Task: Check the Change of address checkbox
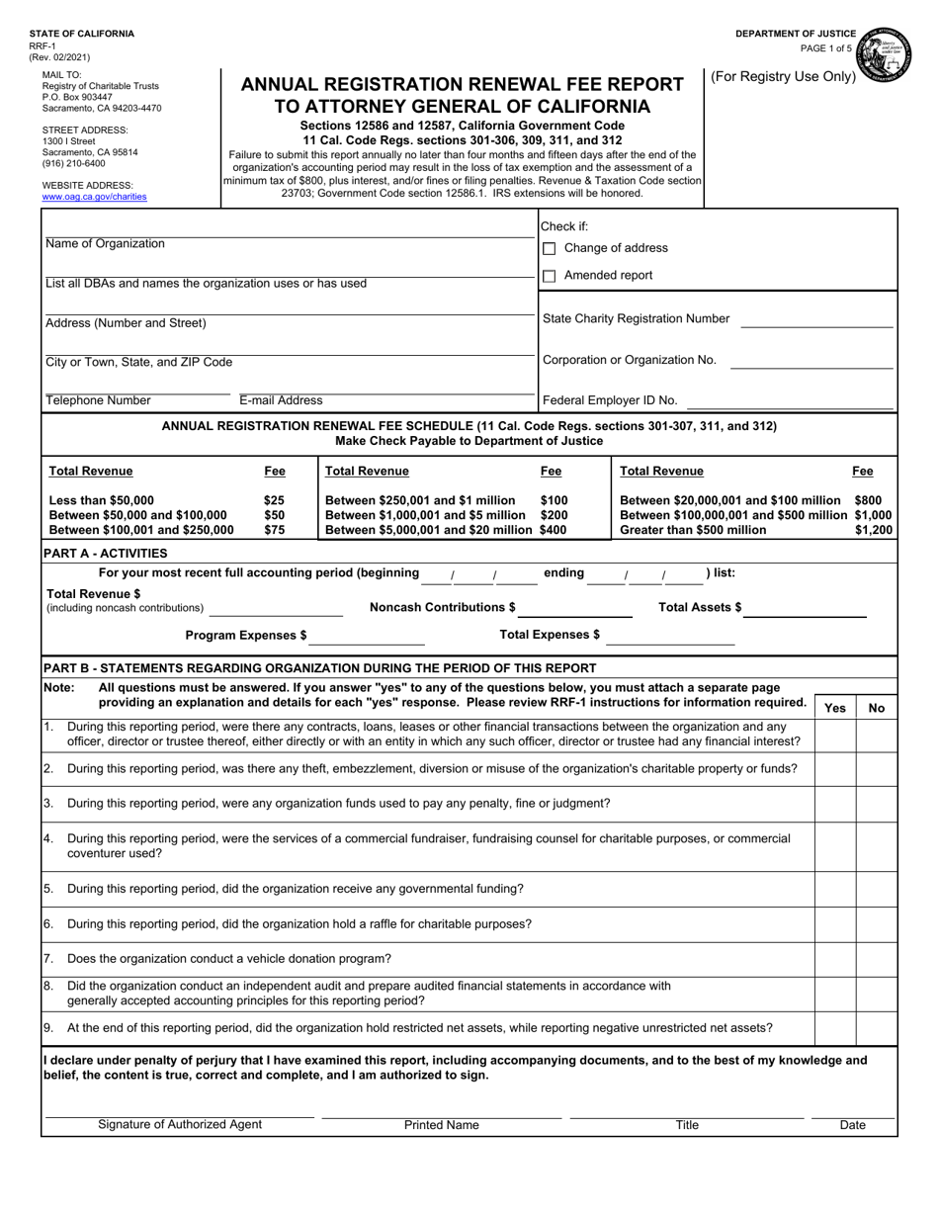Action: click(x=550, y=249)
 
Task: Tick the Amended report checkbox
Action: click(x=550, y=277)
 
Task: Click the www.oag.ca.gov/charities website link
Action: click(x=94, y=197)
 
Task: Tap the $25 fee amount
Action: click(x=274, y=500)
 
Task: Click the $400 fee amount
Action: click(x=554, y=530)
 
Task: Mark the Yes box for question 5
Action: click(x=835, y=889)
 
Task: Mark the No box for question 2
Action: click(x=877, y=769)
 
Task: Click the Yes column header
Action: click(x=835, y=708)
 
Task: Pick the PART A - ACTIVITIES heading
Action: click(x=105, y=554)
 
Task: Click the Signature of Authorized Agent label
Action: click(x=180, y=1125)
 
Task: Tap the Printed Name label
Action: click(x=442, y=1125)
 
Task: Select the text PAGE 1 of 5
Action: click(x=825, y=48)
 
